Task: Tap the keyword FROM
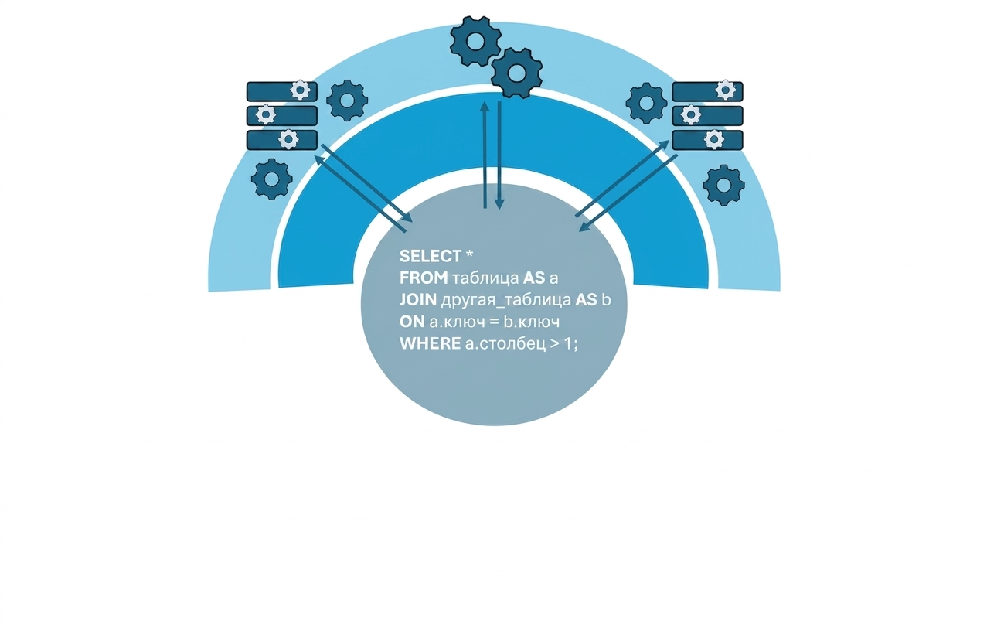point(424,278)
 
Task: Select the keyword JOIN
point(417,300)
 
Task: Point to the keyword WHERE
point(430,343)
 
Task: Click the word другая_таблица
point(506,301)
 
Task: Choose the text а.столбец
point(505,344)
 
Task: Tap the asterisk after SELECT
point(469,254)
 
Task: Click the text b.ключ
point(532,322)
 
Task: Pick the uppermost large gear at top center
point(475,41)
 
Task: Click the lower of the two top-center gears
point(517,73)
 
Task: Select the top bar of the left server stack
point(282,92)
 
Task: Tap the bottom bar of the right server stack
point(707,140)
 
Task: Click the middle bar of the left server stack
point(282,116)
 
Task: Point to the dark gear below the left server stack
point(272,179)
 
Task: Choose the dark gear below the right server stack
point(724,185)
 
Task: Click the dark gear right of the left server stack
point(347,101)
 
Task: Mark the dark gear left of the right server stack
point(646,103)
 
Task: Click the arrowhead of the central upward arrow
point(485,106)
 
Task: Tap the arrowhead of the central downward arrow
point(499,203)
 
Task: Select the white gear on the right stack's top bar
point(725,90)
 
